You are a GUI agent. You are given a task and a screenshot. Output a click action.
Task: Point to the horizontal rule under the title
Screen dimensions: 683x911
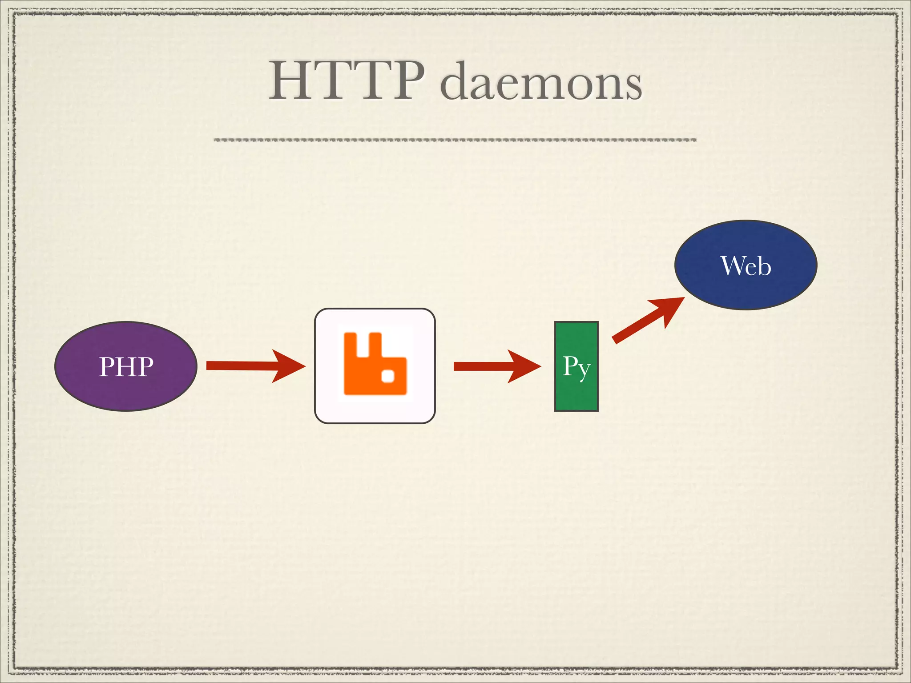455,140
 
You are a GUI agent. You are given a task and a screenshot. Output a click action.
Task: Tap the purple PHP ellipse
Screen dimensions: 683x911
126,366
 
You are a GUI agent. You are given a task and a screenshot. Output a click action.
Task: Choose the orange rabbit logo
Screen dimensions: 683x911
375,364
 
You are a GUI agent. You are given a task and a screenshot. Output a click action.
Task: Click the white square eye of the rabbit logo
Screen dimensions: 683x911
388,376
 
